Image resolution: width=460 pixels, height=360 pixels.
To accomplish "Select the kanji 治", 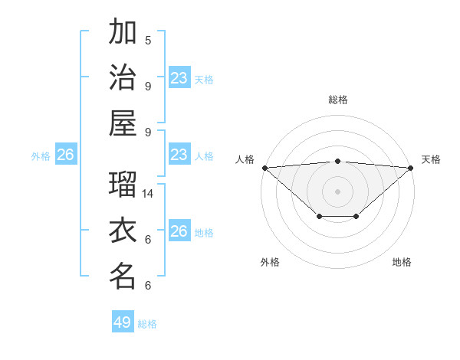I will click(123, 77).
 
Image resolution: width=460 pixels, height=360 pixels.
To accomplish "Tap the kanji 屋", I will click(123, 123).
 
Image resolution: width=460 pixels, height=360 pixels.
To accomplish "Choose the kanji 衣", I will click(123, 231).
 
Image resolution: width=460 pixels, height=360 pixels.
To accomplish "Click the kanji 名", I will click(123, 276).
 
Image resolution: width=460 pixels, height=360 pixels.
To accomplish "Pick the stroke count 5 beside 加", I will click(148, 40).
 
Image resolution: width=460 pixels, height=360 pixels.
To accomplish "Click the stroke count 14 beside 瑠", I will click(149, 193).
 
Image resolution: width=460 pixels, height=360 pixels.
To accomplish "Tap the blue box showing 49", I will click(123, 322).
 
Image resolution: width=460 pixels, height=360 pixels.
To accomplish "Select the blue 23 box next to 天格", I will click(179, 78).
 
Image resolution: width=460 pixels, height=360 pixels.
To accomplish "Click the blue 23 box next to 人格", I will click(179, 155).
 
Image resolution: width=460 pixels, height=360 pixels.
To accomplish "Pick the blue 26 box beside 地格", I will click(179, 231).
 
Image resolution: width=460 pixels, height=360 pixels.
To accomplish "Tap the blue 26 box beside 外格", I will click(65, 155).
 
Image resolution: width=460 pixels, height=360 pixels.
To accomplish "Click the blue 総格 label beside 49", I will click(147, 323).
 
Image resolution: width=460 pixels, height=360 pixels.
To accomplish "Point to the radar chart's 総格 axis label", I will click(337, 100).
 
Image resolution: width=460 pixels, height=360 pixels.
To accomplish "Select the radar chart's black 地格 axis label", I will click(402, 262).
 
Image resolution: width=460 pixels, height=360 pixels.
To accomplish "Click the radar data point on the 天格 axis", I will click(411, 167).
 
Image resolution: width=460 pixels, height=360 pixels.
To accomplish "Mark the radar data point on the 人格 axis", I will click(264, 167).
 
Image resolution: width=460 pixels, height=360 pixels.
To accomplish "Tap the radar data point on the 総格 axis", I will click(337, 161).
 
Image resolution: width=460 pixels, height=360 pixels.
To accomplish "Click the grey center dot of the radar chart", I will click(337, 191).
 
